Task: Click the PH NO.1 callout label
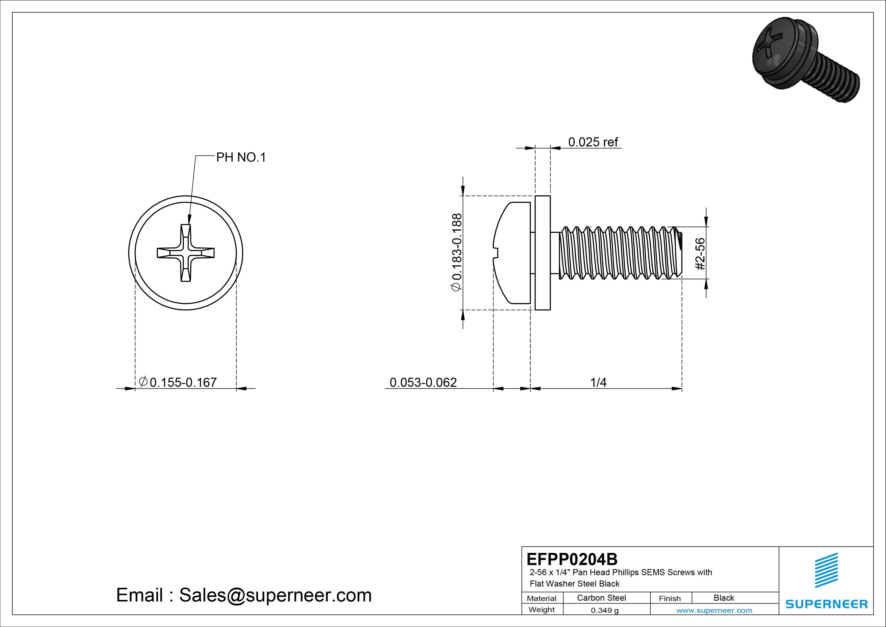241,158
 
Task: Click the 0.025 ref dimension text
593,142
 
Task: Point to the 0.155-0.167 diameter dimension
183,383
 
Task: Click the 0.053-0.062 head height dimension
423,383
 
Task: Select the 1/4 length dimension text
599,383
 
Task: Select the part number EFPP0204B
572,559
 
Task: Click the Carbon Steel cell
601,598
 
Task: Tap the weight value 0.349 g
605,610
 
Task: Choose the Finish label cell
670,598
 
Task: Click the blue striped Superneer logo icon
826,570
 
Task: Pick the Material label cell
542,598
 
